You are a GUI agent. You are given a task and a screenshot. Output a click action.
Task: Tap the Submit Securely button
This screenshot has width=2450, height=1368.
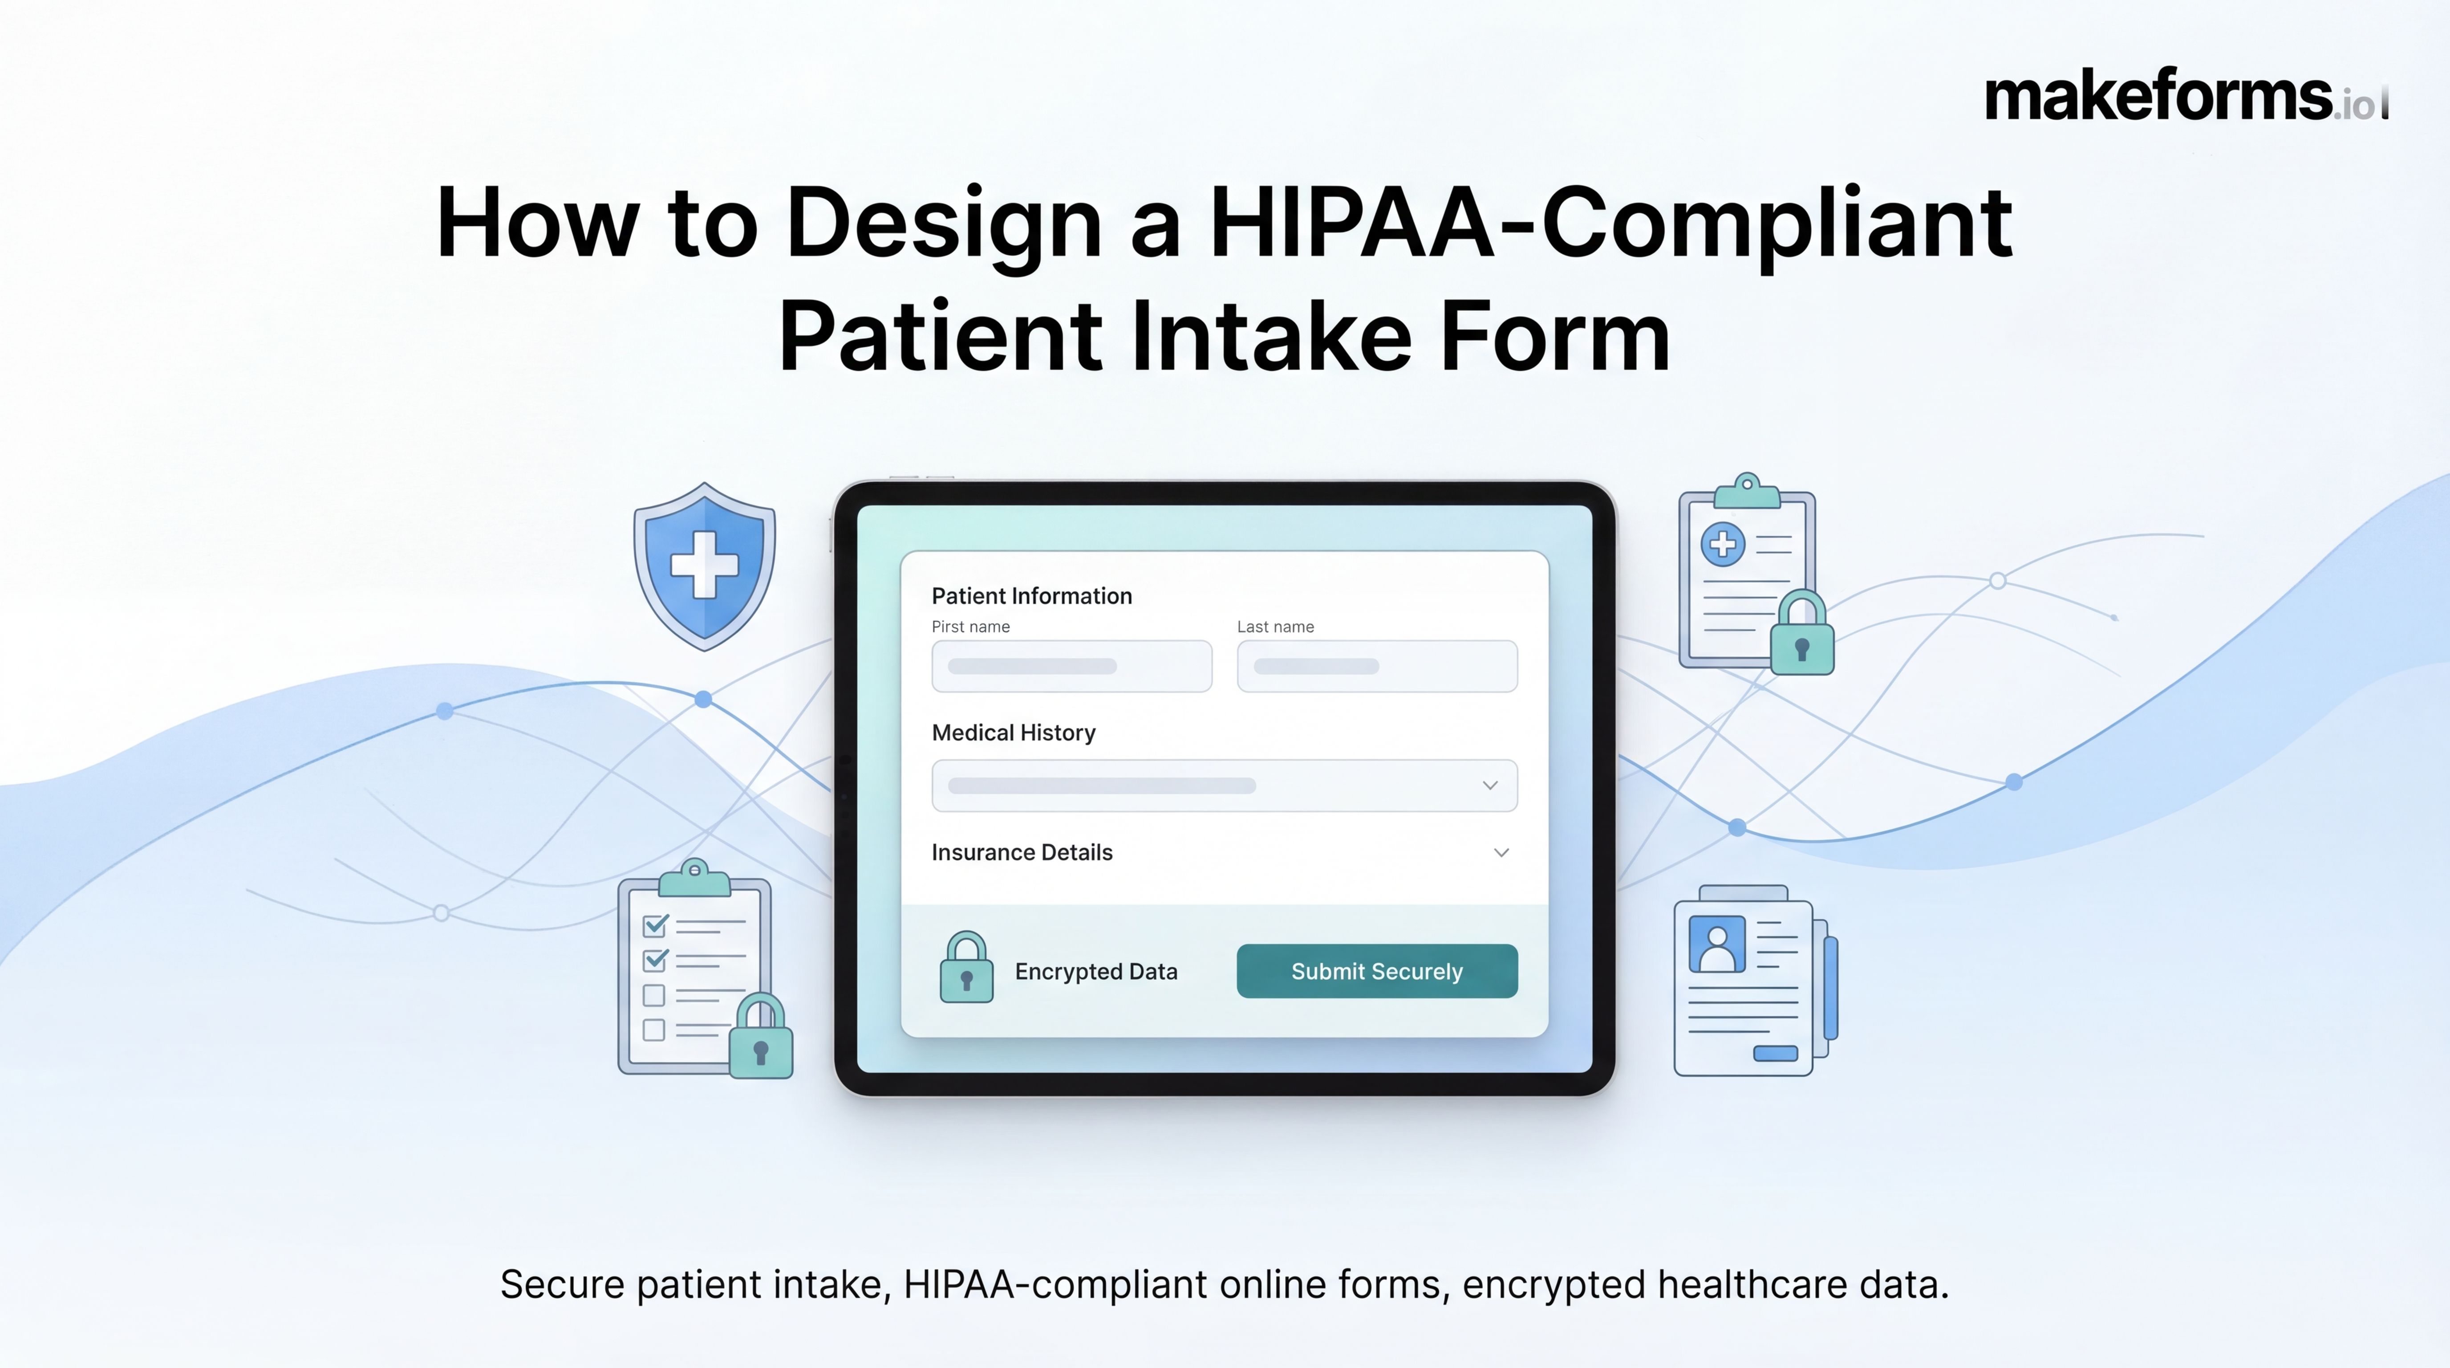coord(1376,971)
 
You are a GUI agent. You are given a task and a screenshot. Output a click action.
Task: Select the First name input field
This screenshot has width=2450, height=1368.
coord(1072,666)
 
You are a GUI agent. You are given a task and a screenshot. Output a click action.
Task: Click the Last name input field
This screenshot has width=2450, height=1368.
coord(1377,666)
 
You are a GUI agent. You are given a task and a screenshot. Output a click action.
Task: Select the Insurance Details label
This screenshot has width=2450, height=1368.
coord(1022,852)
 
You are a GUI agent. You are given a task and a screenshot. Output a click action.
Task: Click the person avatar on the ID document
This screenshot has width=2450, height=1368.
coord(1717,944)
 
